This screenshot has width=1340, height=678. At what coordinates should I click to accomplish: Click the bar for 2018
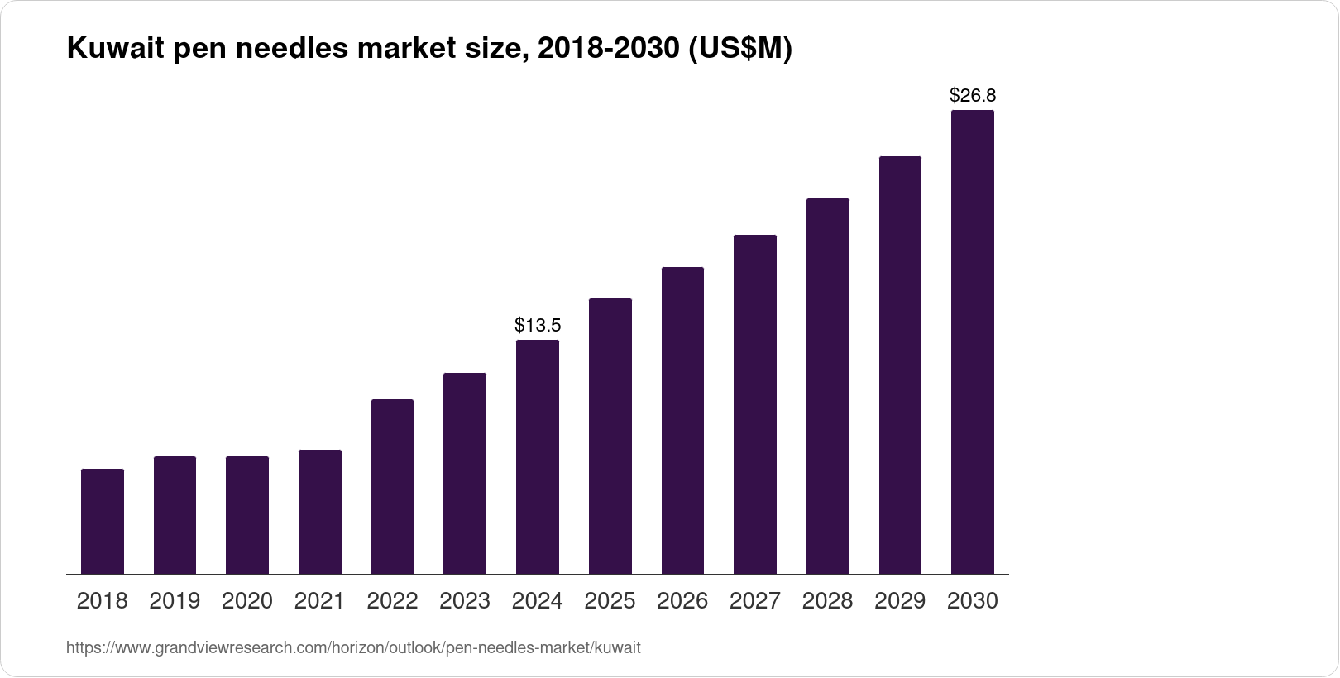point(103,521)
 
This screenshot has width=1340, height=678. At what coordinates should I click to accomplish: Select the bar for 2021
point(320,512)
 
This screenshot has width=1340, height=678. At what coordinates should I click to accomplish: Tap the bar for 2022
point(392,486)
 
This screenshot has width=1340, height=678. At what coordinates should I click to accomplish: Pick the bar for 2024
point(538,456)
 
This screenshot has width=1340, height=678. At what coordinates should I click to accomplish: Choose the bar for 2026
point(682,420)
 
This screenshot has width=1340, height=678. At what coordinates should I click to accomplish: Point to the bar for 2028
point(827,386)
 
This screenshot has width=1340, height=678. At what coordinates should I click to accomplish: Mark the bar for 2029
point(900,365)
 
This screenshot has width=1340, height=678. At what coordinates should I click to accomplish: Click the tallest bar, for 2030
point(973,341)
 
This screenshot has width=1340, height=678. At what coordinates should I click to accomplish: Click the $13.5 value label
point(538,325)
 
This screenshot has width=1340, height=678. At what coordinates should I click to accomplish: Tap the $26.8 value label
point(973,96)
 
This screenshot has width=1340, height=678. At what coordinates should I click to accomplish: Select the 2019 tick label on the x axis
point(175,601)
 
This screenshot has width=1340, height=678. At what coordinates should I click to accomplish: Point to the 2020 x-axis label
point(247,601)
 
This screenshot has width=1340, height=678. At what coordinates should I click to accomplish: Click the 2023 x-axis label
point(465,601)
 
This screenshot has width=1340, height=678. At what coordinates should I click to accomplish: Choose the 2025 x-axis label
point(610,601)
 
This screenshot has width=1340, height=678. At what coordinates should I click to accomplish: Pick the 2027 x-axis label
point(755,601)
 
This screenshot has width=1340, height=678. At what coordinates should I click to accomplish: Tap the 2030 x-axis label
point(973,601)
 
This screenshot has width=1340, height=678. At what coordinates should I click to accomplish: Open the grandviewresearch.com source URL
point(353,648)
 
